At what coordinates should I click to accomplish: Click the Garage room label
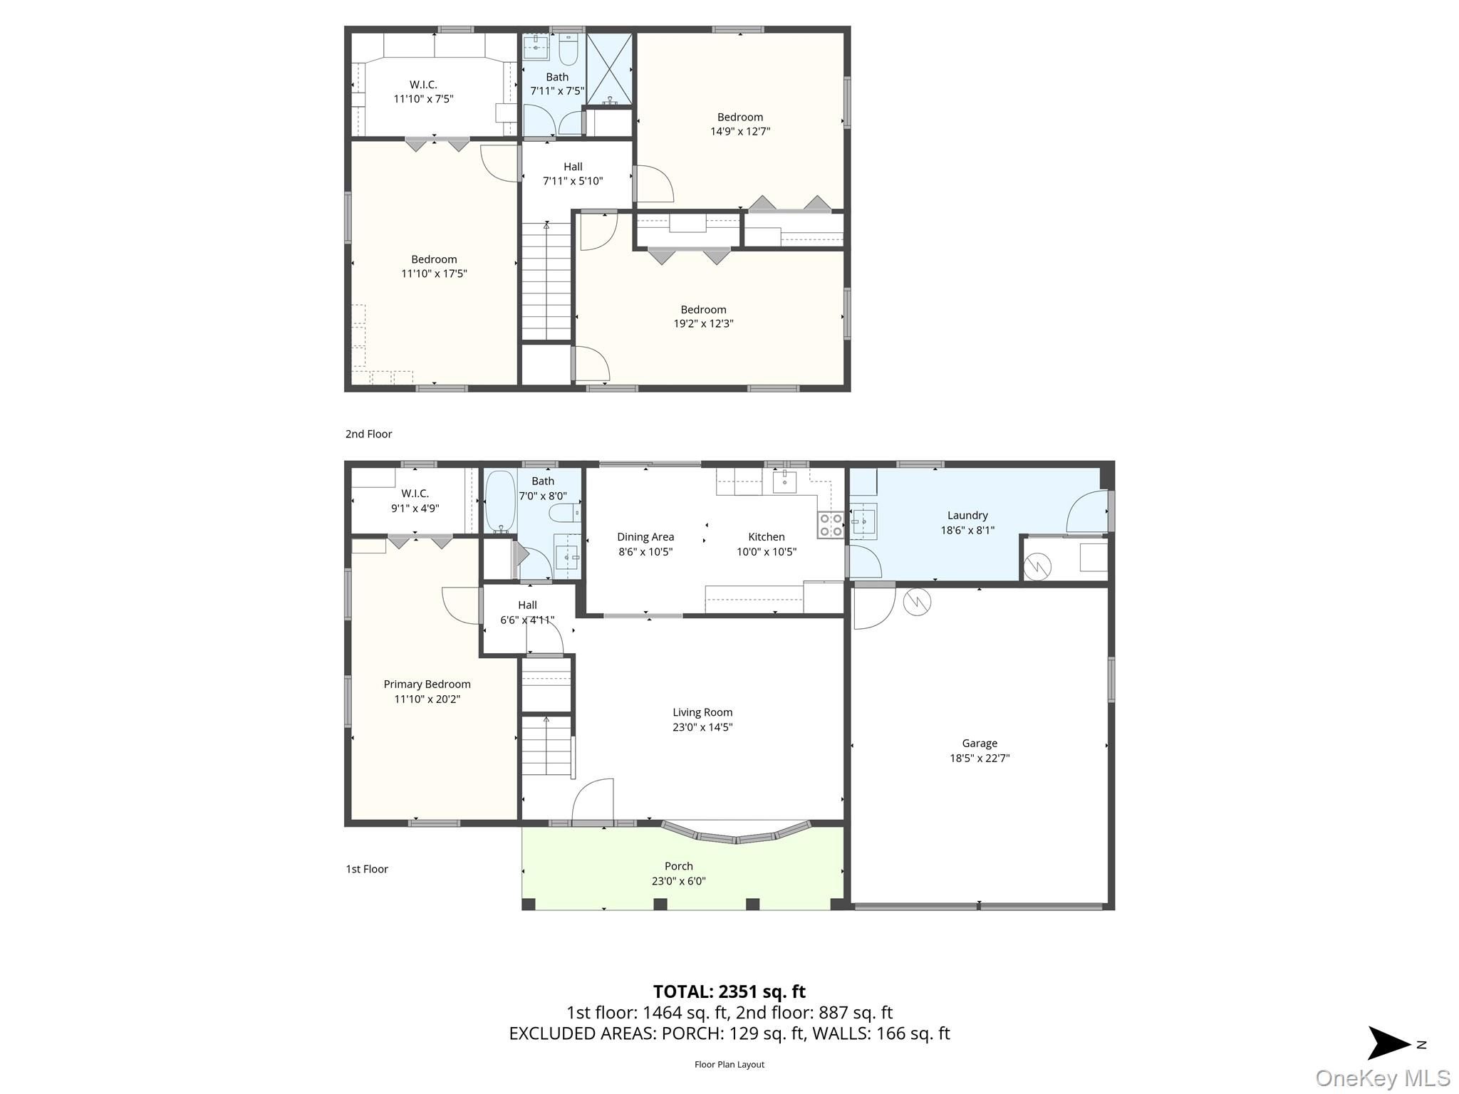[979, 743]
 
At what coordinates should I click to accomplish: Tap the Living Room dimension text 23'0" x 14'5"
[702, 727]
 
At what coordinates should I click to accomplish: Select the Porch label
[678, 866]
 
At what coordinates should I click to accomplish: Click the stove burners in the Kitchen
[831, 525]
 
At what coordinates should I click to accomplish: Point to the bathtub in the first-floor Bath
[500, 501]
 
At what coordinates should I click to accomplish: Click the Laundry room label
[967, 515]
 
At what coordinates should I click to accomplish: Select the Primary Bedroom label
[427, 684]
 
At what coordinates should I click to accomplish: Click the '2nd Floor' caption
[368, 434]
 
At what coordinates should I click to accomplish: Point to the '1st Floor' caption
[367, 869]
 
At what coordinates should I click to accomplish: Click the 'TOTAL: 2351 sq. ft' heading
[729, 991]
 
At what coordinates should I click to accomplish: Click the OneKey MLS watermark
[1382, 1078]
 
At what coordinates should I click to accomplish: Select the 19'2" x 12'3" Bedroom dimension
[703, 323]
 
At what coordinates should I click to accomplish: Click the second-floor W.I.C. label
[423, 85]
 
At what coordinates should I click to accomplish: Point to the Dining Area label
[645, 537]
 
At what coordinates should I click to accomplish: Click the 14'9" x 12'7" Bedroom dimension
[740, 131]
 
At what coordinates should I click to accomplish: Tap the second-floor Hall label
[573, 167]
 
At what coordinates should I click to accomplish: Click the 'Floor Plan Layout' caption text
[729, 1064]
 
